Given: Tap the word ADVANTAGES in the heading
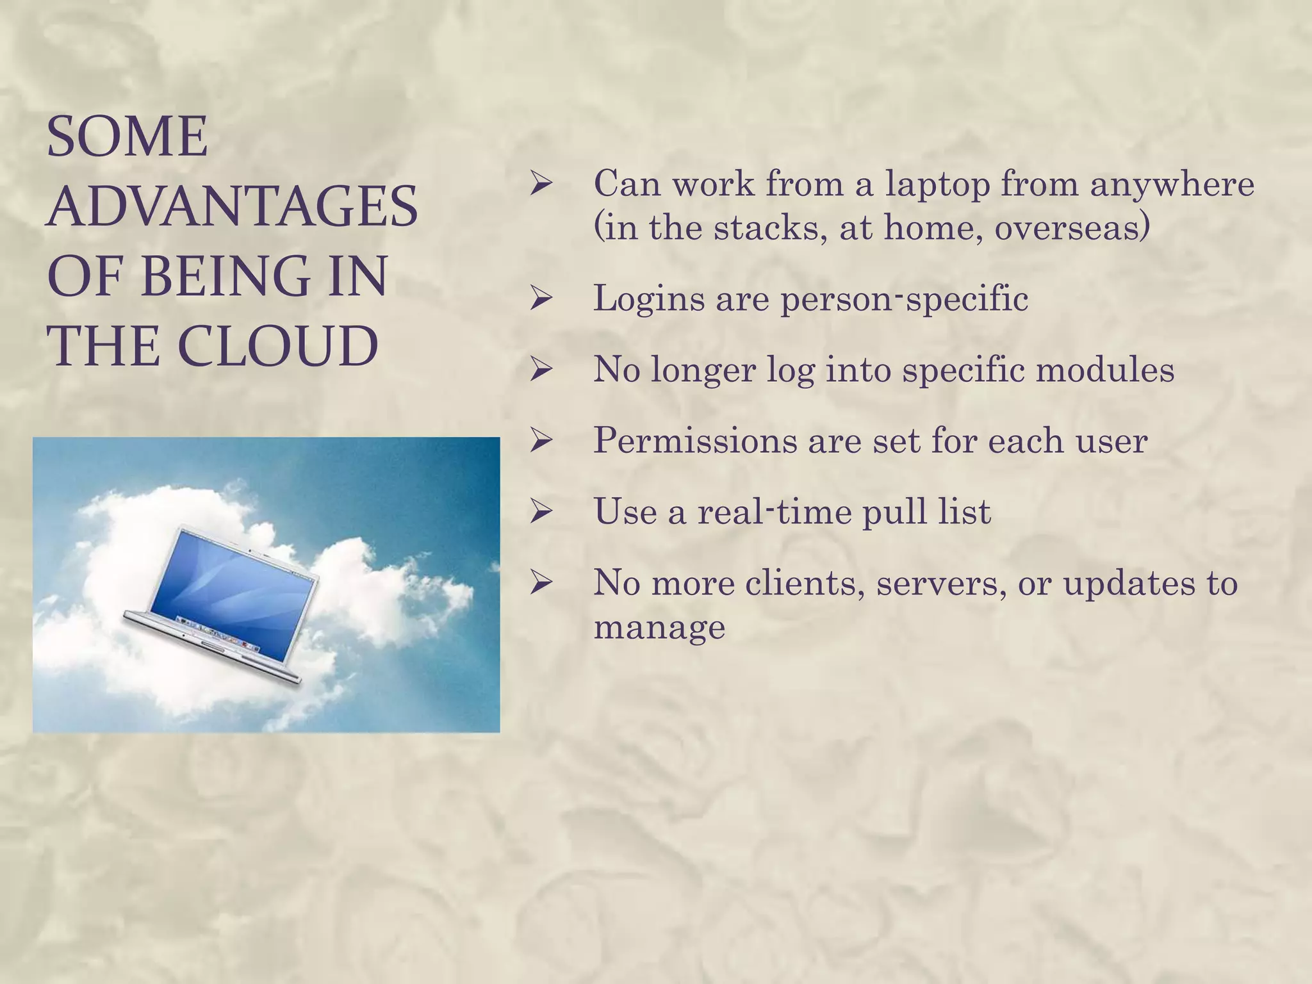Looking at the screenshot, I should pos(232,206).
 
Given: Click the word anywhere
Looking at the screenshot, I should pos(1172,184).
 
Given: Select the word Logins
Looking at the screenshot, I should pos(649,299).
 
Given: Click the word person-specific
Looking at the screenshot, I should pos(904,299).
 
